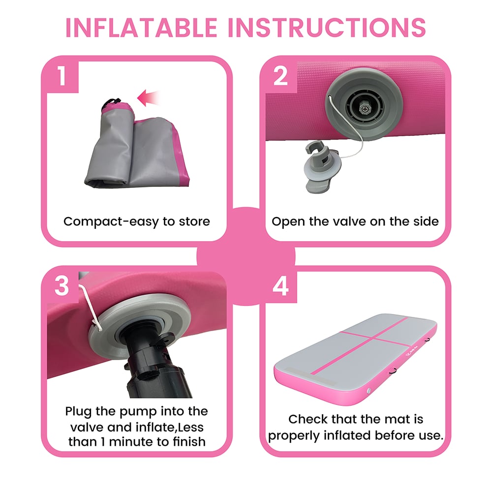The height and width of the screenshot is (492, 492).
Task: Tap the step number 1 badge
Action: pos(61,77)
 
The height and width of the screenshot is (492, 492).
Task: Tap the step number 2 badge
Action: pos(280,77)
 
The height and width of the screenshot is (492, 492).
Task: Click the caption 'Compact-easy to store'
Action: pos(137,221)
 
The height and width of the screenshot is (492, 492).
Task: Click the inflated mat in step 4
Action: pos(354,359)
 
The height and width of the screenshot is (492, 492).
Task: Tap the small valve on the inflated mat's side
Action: pos(369,391)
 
